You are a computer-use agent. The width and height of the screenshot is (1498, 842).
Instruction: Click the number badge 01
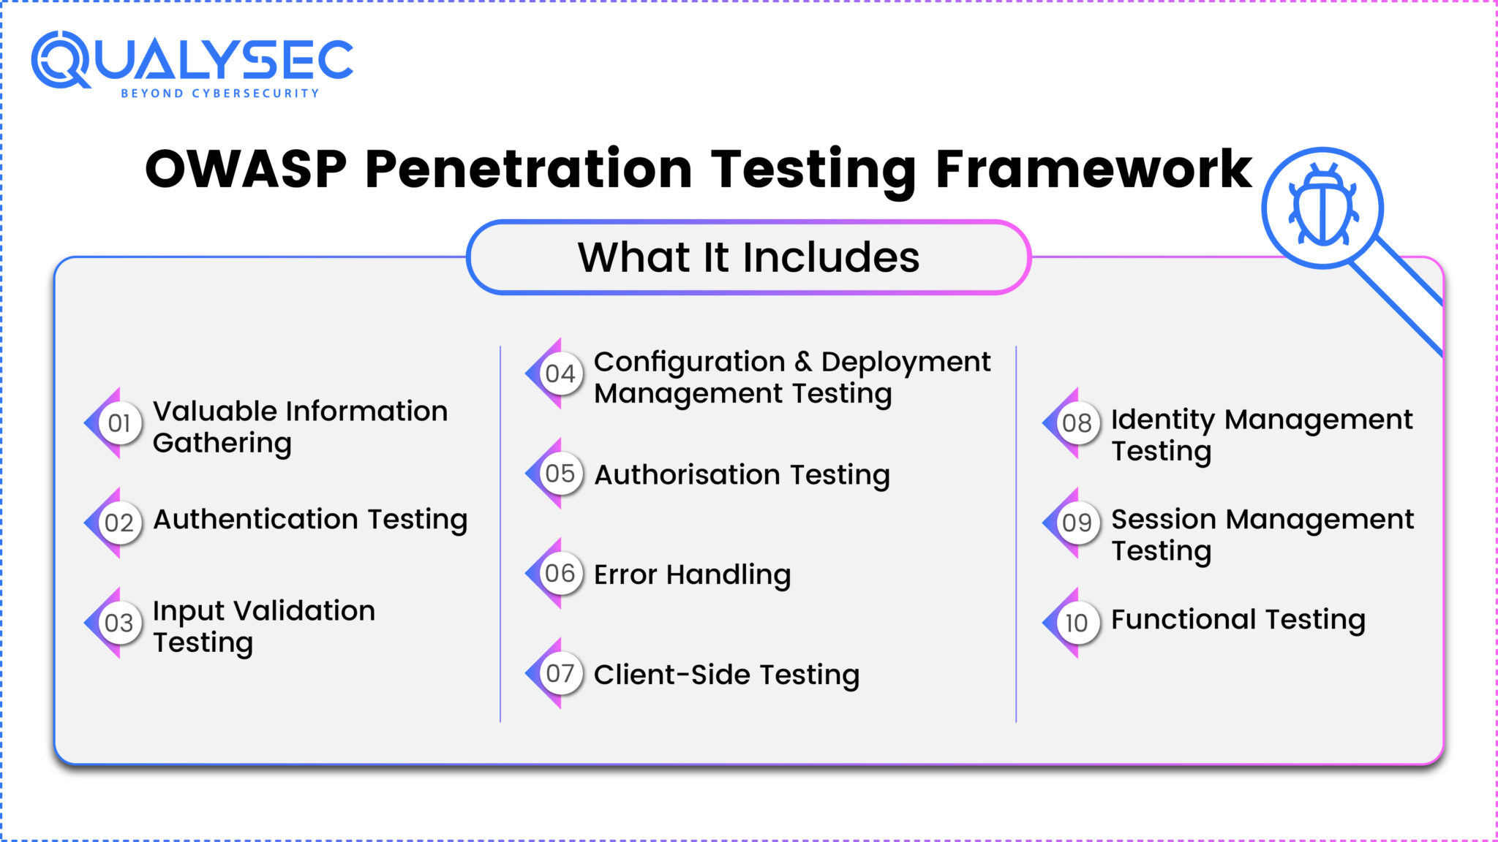119,423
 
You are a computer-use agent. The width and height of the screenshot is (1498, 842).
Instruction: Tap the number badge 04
560,373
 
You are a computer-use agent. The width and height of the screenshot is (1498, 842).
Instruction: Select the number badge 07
560,673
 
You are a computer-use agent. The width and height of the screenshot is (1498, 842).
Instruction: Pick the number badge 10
1077,623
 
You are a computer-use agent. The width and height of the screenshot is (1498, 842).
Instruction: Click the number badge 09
1077,523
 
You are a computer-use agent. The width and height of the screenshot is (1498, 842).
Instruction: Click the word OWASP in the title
246,170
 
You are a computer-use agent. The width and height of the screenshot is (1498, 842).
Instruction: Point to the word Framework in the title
1094,170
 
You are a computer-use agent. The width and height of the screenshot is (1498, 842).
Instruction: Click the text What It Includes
748,257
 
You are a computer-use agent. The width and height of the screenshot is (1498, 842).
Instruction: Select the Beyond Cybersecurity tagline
220,94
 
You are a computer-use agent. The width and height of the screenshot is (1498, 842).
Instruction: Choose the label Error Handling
692,574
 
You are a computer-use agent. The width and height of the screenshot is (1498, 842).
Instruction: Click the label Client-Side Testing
726,675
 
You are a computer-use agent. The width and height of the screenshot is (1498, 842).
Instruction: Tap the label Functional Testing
1238,620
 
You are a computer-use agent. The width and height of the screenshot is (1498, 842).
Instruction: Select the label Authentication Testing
310,520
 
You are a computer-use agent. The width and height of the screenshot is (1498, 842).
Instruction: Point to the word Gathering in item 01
222,444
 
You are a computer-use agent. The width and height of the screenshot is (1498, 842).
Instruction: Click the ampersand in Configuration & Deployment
803,362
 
